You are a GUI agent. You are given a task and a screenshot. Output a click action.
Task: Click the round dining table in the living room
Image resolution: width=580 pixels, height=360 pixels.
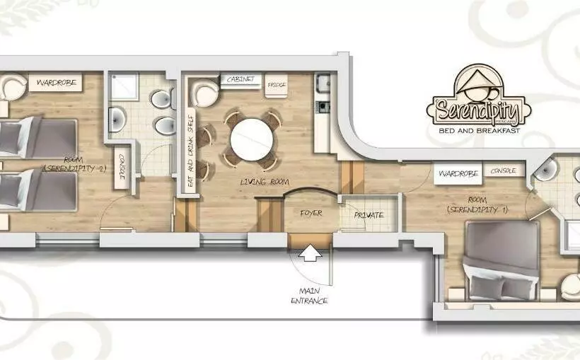[x=253, y=139]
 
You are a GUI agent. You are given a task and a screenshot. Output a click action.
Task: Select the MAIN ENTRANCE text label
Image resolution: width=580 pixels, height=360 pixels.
[x=309, y=296]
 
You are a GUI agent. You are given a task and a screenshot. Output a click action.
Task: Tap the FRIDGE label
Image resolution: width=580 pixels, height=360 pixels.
[x=276, y=86]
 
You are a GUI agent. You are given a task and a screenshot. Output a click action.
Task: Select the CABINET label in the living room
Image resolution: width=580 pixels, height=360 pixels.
[x=241, y=80]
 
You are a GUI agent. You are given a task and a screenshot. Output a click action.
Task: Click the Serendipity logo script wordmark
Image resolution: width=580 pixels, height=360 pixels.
[x=477, y=110]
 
